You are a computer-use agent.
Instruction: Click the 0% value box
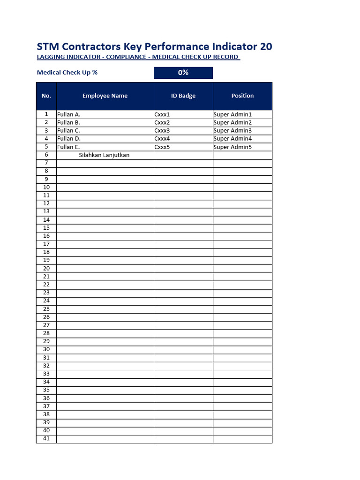pyautogui.click(x=183, y=73)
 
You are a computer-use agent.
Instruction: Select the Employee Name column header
pyautogui.click(x=105, y=96)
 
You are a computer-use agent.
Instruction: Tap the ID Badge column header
pyautogui.click(x=183, y=96)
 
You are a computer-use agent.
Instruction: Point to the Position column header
pyautogui.click(x=242, y=96)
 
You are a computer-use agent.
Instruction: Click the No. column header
pyautogui.click(x=46, y=96)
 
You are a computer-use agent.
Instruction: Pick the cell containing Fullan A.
pyautogui.click(x=69, y=114)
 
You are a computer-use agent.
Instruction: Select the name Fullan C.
pyautogui.click(x=69, y=131)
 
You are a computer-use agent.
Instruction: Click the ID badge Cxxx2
pyautogui.click(x=162, y=123)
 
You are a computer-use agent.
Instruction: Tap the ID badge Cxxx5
pyautogui.click(x=162, y=147)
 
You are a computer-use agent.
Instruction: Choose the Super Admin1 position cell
pyautogui.click(x=233, y=114)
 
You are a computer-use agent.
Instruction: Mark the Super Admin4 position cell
pyautogui.click(x=233, y=139)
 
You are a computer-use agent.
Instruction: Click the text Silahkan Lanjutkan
pyautogui.click(x=104, y=155)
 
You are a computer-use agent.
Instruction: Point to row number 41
pyautogui.click(x=46, y=439)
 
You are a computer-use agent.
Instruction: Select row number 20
pyautogui.click(x=46, y=269)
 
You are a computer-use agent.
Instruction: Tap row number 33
pyautogui.click(x=46, y=374)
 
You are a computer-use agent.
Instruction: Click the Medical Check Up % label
pyautogui.click(x=67, y=73)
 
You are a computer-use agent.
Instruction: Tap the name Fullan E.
pyautogui.click(x=68, y=147)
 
